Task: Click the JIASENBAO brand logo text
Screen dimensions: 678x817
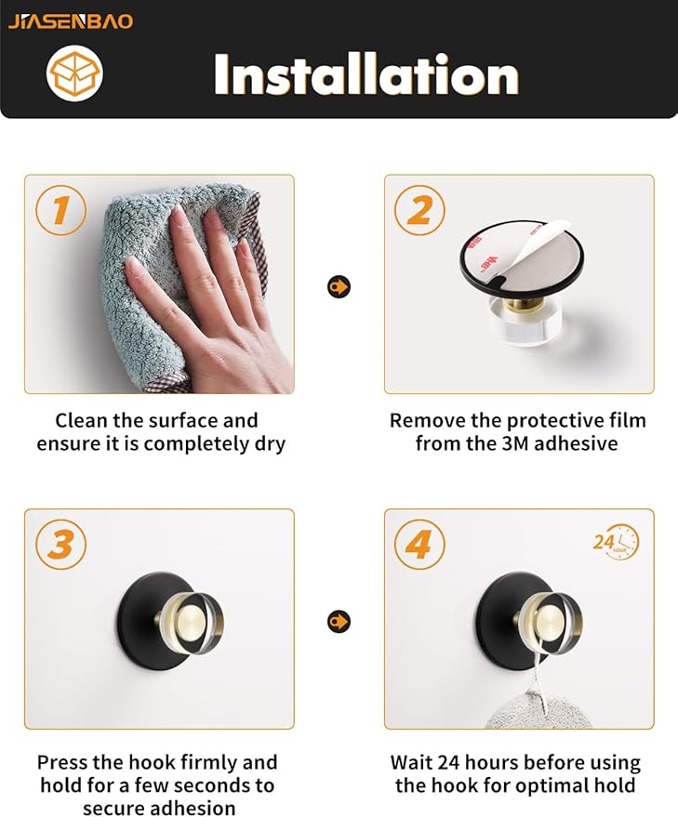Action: (71, 21)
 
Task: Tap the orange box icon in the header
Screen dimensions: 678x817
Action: (74, 73)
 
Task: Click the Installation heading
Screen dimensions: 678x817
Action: (366, 75)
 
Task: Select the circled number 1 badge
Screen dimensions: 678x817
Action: (61, 210)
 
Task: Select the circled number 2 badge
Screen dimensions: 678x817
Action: (419, 210)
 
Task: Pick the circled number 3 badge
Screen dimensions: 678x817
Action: (61, 545)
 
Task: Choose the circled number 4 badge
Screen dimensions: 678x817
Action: (419, 545)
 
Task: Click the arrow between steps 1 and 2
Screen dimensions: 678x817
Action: (339, 286)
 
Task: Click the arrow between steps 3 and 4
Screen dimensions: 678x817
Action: (339, 621)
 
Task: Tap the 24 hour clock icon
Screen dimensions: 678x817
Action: (617, 543)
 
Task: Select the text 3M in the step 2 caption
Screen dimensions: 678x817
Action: (514, 443)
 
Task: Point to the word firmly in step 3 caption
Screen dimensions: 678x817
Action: (207, 763)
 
